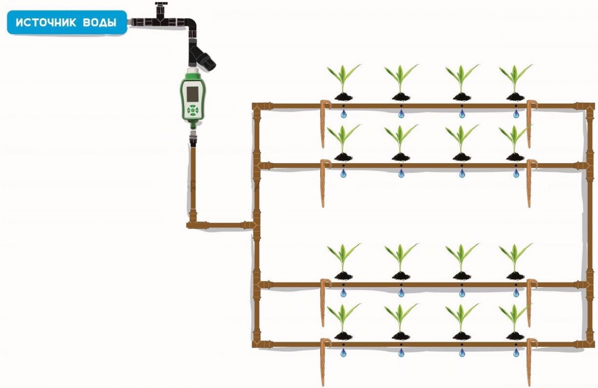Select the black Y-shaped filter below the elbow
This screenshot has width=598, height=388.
coord(201,56)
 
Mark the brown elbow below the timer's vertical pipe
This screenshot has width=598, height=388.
coord(192,224)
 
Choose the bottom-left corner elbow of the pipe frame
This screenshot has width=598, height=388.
coord(256,343)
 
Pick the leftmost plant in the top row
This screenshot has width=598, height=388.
coord(342,80)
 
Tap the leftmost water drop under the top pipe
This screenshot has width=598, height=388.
coord(343,115)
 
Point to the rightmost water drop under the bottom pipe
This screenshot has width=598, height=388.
coord(516,353)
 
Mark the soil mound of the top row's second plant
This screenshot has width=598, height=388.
coord(401,96)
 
